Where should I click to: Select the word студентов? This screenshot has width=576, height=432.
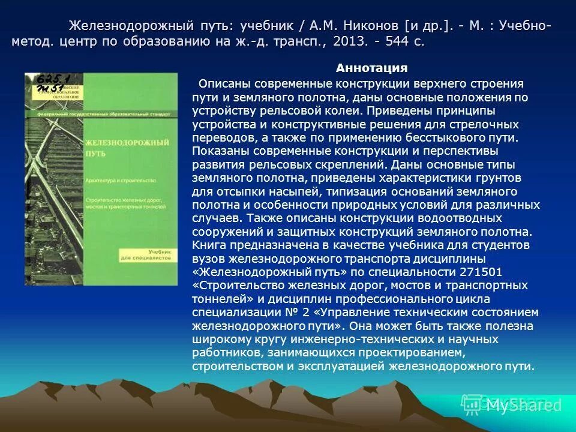point(497,244)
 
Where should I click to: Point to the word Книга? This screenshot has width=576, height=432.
point(208,244)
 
